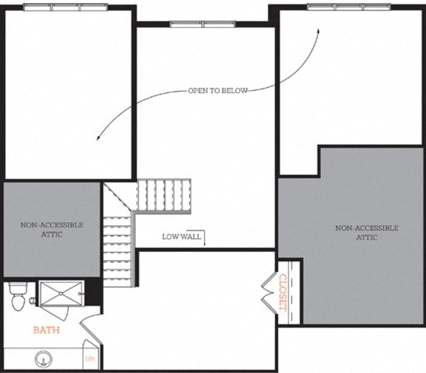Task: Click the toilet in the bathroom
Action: pyautogui.click(x=18, y=297)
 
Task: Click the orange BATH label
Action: pyautogui.click(x=46, y=330)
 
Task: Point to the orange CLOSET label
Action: pyautogui.click(x=283, y=293)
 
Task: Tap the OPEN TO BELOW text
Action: pyautogui.click(x=217, y=91)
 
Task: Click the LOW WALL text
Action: pyautogui.click(x=180, y=236)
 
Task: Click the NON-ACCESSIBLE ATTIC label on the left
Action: pyautogui.click(x=52, y=229)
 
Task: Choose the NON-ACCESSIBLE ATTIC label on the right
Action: pyautogui.click(x=367, y=233)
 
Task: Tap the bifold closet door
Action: pyautogui.click(x=268, y=293)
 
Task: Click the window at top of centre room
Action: pyautogui.click(x=203, y=24)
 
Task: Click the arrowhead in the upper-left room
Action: pyautogui.click(x=98, y=135)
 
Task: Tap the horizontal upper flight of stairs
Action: pyautogui.click(x=163, y=194)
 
